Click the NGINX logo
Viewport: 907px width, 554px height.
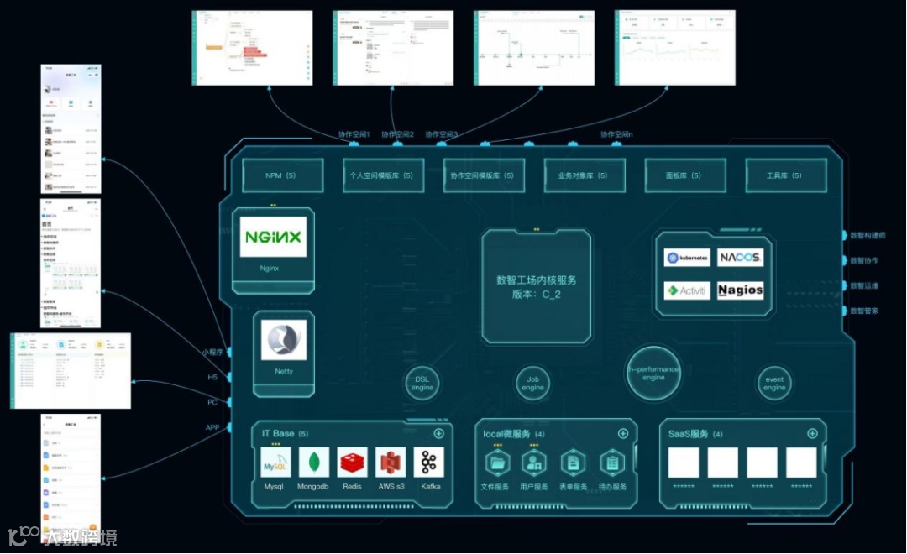point(273,237)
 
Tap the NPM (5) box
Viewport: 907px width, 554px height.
point(281,175)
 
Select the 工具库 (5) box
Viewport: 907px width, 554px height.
point(785,175)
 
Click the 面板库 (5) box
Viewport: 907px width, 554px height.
point(684,175)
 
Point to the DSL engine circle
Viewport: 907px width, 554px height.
point(422,383)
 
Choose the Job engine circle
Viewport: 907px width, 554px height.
point(533,383)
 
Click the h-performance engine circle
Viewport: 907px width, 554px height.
point(653,373)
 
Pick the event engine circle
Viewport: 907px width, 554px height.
point(774,383)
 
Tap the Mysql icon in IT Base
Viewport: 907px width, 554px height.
point(275,463)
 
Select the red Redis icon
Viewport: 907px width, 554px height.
point(353,463)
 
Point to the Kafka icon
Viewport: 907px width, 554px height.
point(429,463)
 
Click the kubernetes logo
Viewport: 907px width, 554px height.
point(687,258)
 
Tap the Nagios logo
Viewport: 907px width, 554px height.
point(741,290)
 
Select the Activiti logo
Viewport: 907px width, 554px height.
point(687,290)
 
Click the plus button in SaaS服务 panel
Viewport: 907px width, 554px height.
point(812,434)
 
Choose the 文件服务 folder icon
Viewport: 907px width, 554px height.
point(496,463)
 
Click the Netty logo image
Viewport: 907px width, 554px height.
point(284,340)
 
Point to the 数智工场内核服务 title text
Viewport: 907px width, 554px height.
point(537,280)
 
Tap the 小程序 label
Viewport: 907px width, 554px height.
point(212,353)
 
